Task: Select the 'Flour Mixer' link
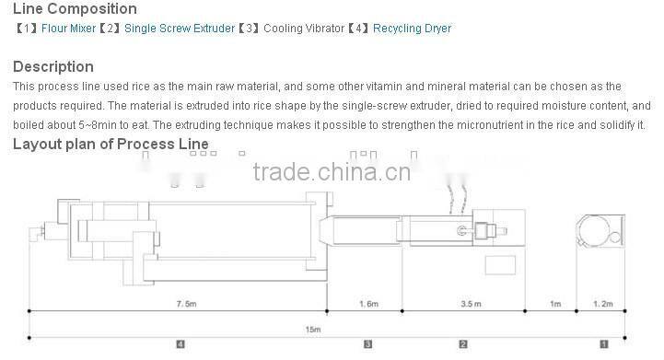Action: tap(68, 29)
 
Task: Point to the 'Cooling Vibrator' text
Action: tap(298, 29)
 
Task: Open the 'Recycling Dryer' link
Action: tap(412, 29)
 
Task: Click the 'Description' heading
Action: tap(52, 66)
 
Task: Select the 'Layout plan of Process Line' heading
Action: tap(110, 145)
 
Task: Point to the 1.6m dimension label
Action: tap(367, 303)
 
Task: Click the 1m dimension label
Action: tap(554, 303)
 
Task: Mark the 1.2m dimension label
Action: tap(602, 303)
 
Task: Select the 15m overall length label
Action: tap(313, 328)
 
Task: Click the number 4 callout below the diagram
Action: tap(180, 344)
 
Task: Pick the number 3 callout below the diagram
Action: tap(367, 344)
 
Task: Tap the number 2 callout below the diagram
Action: tap(463, 344)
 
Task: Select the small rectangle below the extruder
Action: tap(500, 266)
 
